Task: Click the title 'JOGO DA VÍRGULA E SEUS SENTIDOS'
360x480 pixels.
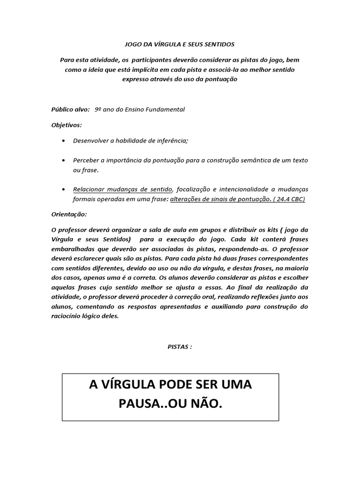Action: pyautogui.click(x=179, y=44)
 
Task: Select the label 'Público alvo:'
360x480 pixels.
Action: pyautogui.click(x=70, y=109)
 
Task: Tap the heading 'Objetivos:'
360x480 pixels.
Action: pyautogui.click(x=66, y=125)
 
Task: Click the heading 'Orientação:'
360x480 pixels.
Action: pyautogui.click(x=68, y=214)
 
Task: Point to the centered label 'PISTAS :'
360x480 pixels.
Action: pyautogui.click(x=180, y=346)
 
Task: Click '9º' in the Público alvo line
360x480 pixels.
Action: pyautogui.click(x=98, y=109)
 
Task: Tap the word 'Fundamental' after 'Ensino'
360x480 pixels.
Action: pyautogui.click(x=167, y=109)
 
